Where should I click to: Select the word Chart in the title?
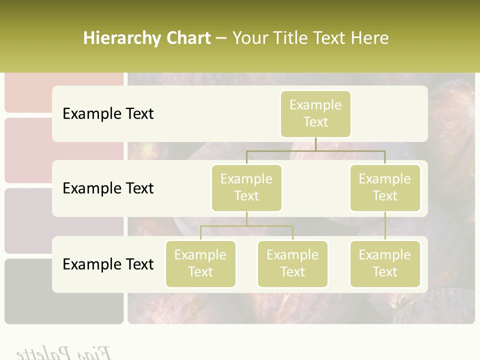pyautogui.click(x=188, y=38)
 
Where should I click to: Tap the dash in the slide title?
pyautogui.click(x=221, y=38)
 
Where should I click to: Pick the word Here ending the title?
pyautogui.click(x=369, y=38)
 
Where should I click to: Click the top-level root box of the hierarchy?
pyautogui.click(x=315, y=113)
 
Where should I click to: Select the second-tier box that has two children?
pyautogui.click(x=246, y=187)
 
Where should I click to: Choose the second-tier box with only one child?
pyautogui.click(x=385, y=187)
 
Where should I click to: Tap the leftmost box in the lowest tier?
pyautogui.click(x=200, y=263)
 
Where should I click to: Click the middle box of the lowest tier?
pyautogui.click(x=292, y=263)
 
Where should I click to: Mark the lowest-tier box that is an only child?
pyautogui.click(x=385, y=263)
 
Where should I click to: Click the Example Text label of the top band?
pyautogui.click(x=108, y=113)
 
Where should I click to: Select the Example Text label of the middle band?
pyautogui.click(x=108, y=188)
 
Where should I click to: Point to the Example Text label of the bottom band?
pyautogui.click(x=108, y=264)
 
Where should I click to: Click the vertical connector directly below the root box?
pyautogui.click(x=315, y=144)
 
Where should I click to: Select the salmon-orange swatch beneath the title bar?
pyautogui.click(x=64, y=92)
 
